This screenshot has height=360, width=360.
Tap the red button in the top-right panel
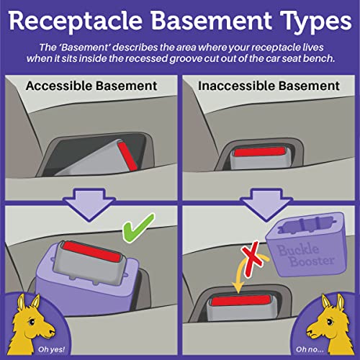point(269,148)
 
